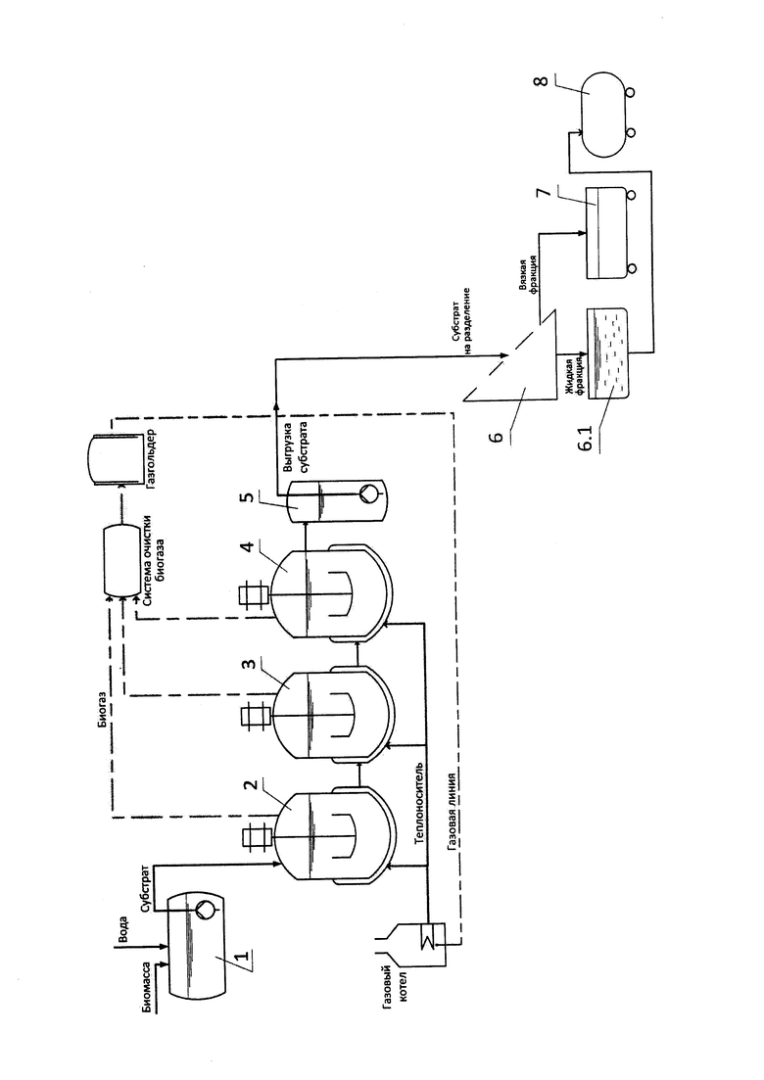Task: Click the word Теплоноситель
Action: tap(422, 813)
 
